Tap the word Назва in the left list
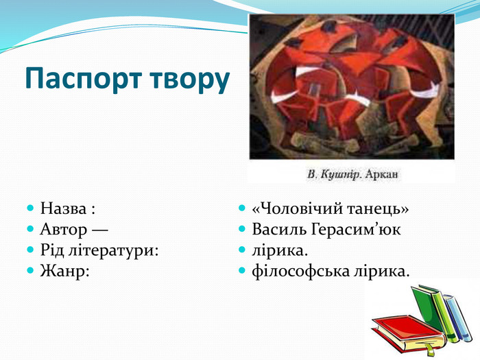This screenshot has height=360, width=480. coord(63,208)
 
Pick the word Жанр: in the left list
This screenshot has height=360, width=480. coord(65,272)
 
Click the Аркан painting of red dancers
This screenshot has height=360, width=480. coord(351,86)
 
